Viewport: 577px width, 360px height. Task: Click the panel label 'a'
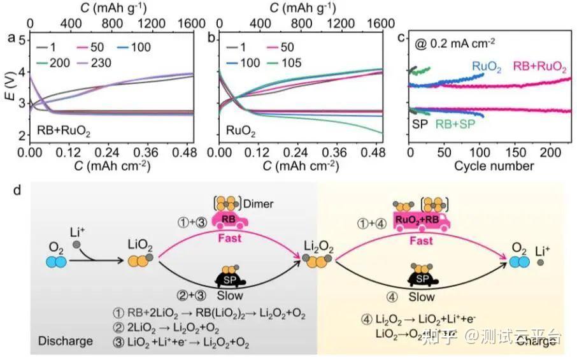(x=10, y=38)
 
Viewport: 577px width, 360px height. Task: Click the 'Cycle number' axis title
(x=494, y=166)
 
